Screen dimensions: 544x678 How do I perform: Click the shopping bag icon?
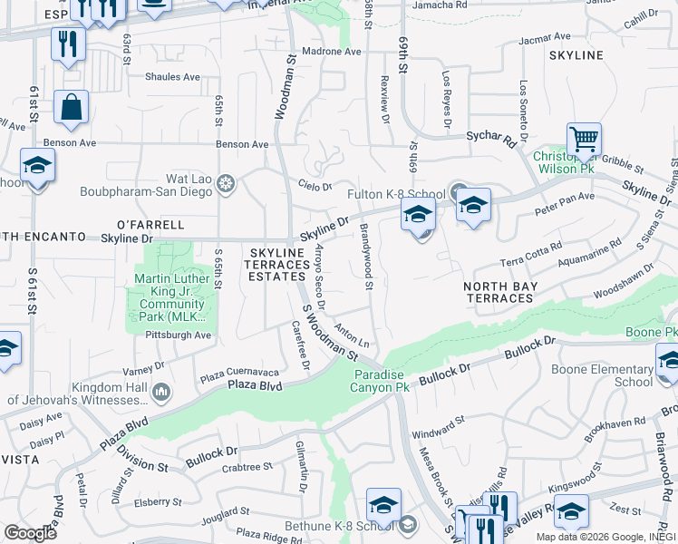coord(71,108)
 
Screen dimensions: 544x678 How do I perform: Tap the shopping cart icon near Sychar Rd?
coord(584,141)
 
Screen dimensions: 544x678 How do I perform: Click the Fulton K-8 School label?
coord(395,194)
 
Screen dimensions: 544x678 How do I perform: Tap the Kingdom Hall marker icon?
coord(161,392)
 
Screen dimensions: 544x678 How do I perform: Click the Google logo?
coord(31,532)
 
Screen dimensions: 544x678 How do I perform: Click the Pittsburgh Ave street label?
coord(178,335)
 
